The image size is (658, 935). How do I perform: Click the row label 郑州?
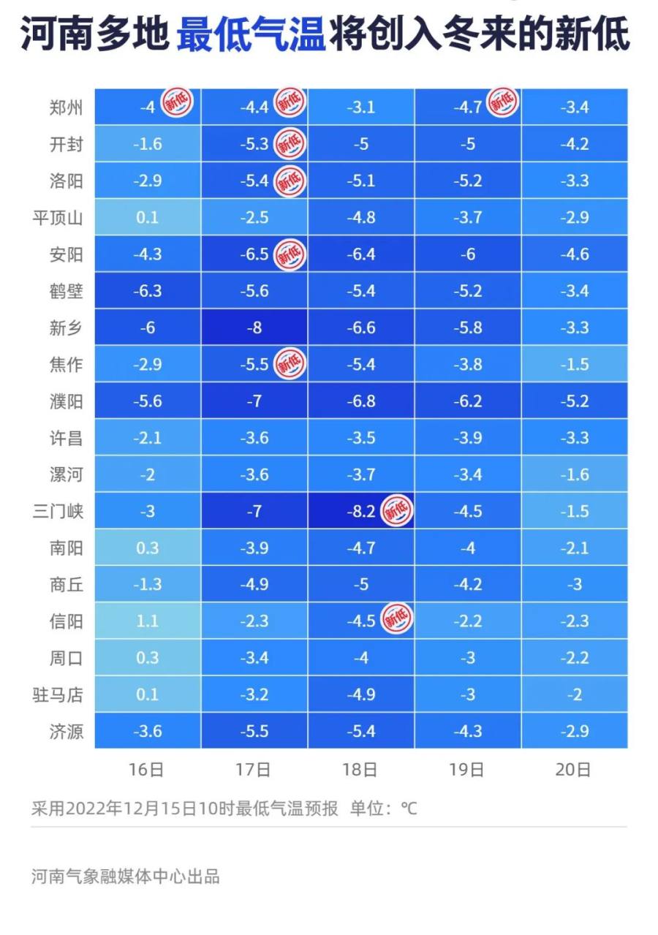[x=65, y=108]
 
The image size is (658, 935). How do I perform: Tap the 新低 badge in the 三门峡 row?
[x=398, y=510]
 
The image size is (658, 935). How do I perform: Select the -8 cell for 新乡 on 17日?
[x=254, y=328]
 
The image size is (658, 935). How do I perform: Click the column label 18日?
[x=360, y=770]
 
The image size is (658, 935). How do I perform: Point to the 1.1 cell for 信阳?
[x=147, y=621]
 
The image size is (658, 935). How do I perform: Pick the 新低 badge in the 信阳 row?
[x=398, y=619]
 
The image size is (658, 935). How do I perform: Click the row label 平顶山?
[x=58, y=218]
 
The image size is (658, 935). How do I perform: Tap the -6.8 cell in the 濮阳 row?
[x=360, y=401]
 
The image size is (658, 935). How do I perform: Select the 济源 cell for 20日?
[x=575, y=730]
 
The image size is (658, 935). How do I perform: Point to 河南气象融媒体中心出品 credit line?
[x=125, y=876]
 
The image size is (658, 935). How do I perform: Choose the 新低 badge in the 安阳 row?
[x=290, y=254]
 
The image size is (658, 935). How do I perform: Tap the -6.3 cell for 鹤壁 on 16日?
[x=147, y=291]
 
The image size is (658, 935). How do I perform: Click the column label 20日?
[x=574, y=770]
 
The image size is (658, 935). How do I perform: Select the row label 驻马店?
[x=58, y=694]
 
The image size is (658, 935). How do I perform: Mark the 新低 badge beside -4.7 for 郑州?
[x=503, y=102]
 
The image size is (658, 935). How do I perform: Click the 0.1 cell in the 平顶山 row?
[x=147, y=218]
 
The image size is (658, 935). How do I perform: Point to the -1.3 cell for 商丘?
[x=147, y=584]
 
